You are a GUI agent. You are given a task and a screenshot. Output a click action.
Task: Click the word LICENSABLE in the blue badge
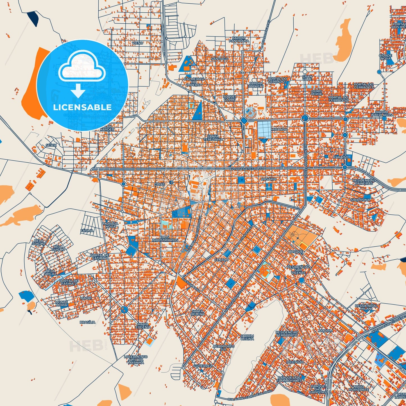point(82,107)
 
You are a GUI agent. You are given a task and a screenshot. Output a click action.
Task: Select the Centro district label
point(221,260)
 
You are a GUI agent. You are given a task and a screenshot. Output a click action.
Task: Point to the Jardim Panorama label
point(239,39)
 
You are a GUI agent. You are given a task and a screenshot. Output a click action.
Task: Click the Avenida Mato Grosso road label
point(247,169)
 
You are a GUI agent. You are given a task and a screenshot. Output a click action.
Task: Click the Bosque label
point(296,252)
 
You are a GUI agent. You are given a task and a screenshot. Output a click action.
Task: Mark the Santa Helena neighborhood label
point(198,312)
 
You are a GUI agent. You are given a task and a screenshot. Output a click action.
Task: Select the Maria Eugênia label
point(143,326)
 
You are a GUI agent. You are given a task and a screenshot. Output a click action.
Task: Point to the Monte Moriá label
point(61,303)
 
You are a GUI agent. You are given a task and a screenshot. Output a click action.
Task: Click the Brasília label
point(87,322)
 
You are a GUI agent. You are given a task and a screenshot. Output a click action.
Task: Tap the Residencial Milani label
point(366,307)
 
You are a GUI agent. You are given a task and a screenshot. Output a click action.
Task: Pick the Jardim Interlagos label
point(381,114)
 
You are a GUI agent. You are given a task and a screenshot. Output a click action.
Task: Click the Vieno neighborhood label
point(137,43)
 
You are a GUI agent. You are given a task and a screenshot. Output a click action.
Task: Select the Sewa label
point(51,145)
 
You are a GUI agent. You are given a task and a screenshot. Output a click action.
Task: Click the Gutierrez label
point(203,366)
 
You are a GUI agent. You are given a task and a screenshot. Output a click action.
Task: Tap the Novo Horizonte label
point(359,388)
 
